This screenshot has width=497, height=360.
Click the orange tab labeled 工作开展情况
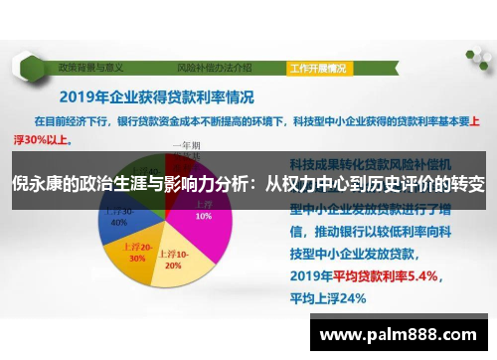[x=317, y=69]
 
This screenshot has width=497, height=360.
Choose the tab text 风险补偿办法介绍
[x=214, y=69]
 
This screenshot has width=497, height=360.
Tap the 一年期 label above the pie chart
[x=186, y=145]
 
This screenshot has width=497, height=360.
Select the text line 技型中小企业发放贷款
[x=358, y=254]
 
